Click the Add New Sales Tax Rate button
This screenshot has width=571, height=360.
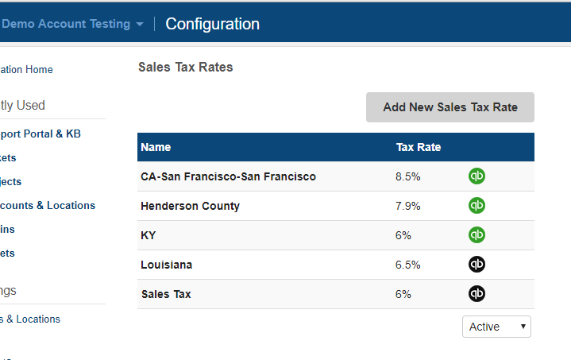(x=449, y=107)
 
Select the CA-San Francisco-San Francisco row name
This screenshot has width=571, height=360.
(x=228, y=176)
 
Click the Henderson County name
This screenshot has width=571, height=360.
(x=190, y=206)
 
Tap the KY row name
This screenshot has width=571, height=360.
(x=149, y=235)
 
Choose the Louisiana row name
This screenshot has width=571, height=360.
(x=166, y=265)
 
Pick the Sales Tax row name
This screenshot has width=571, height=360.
(x=166, y=294)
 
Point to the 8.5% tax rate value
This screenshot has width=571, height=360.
(x=407, y=176)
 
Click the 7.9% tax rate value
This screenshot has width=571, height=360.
(x=407, y=206)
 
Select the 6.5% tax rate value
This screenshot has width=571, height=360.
(x=407, y=265)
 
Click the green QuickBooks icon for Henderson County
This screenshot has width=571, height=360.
(x=476, y=206)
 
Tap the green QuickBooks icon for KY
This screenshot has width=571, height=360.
(x=476, y=235)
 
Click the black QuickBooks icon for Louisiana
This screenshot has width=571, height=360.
(x=476, y=265)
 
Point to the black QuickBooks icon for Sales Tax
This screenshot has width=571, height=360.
(x=476, y=294)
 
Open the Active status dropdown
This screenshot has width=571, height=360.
(x=496, y=327)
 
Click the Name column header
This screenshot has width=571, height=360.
(x=156, y=147)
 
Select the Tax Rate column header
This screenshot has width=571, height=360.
(x=419, y=147)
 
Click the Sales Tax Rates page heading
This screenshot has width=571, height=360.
(x=186, y=68)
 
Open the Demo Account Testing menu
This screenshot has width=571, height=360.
(x=72, y=24)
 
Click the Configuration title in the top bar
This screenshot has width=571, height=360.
(x=212, y=24)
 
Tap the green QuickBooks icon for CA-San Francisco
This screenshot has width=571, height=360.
(x=476, y=176)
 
